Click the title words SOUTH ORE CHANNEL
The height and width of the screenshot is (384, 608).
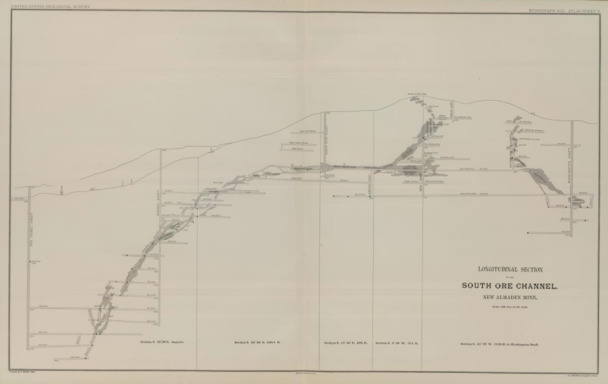[509, 286]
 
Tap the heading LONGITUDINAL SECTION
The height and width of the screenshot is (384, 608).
[510, 270]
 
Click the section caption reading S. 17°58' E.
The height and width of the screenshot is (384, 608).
[344, 343]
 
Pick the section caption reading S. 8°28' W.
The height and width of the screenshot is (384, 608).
[397, 343]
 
